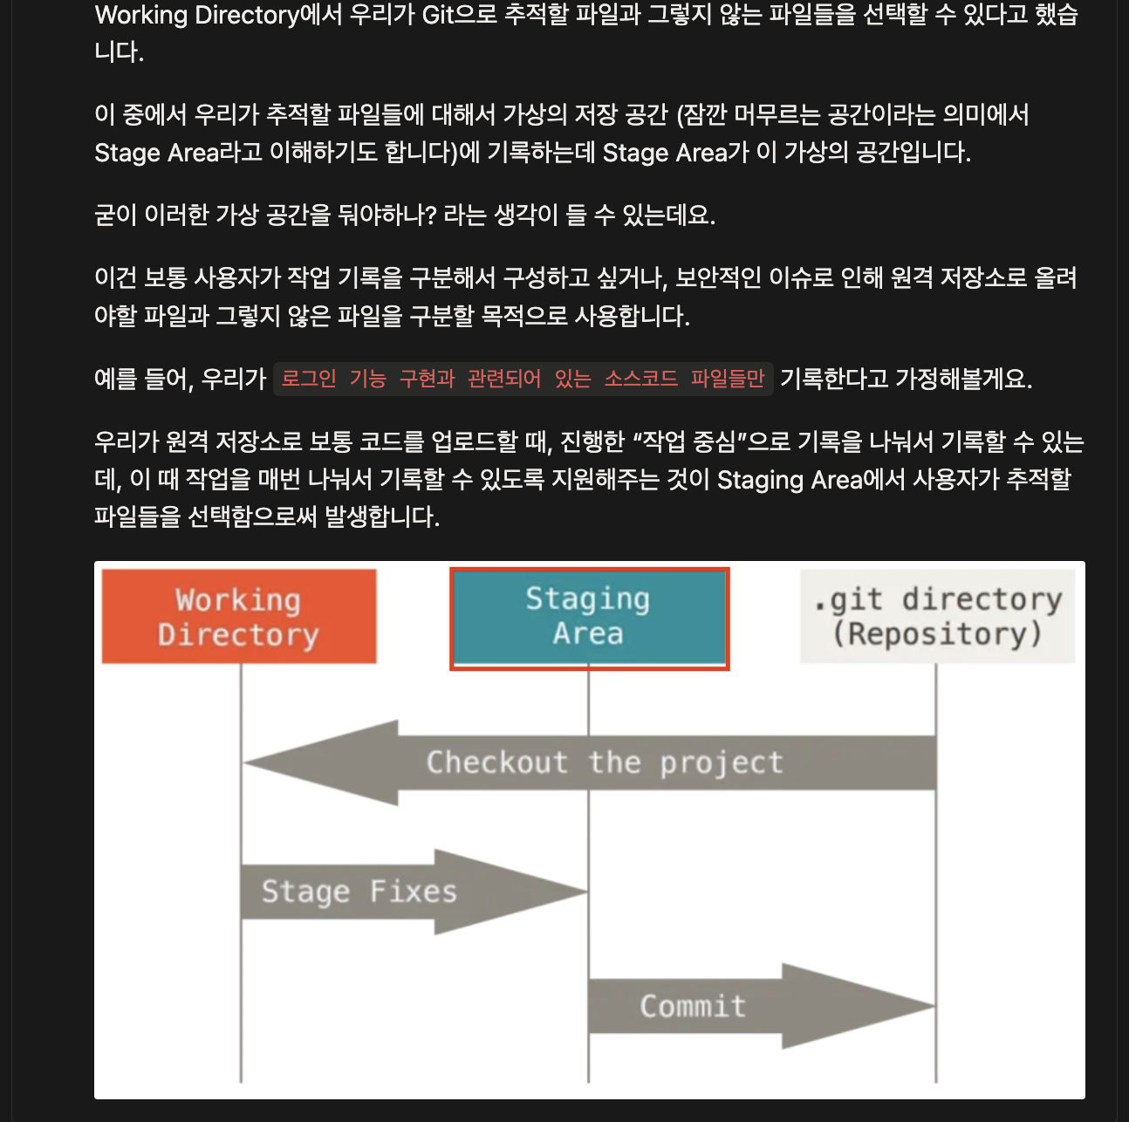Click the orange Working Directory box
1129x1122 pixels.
(x=238, y=616)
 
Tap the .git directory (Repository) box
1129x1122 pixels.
(x=937, y=616)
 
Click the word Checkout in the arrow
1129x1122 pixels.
(x=496, y=763)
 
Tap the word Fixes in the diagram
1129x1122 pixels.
(x=413, y=892)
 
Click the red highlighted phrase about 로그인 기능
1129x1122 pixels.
(x=523, y=379)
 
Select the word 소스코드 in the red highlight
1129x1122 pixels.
(x=640, y=379)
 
